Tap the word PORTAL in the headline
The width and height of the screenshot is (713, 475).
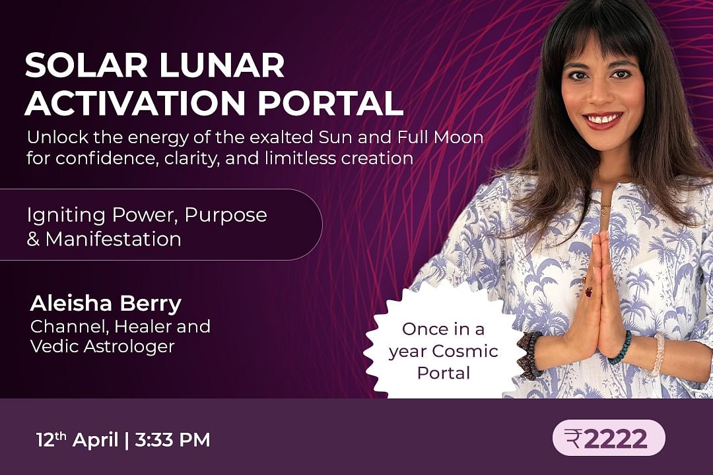331,103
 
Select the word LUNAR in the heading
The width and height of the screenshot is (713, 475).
222,65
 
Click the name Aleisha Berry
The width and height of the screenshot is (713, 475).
106,303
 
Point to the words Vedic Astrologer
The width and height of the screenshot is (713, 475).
102,346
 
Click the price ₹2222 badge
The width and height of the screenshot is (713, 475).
609,438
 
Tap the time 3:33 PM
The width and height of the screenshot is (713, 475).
172,440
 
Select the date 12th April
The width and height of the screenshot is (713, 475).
77,439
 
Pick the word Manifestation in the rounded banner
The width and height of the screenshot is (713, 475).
114,239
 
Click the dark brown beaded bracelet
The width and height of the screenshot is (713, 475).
529,354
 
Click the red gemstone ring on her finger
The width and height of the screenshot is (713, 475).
588,292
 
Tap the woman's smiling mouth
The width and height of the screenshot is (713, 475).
603,121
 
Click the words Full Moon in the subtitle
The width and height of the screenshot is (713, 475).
440,137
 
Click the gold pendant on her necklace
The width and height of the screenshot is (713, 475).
604,210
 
